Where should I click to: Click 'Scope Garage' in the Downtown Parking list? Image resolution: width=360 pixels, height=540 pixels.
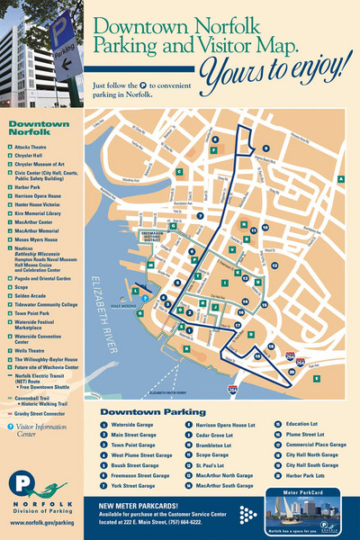(214, 454)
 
